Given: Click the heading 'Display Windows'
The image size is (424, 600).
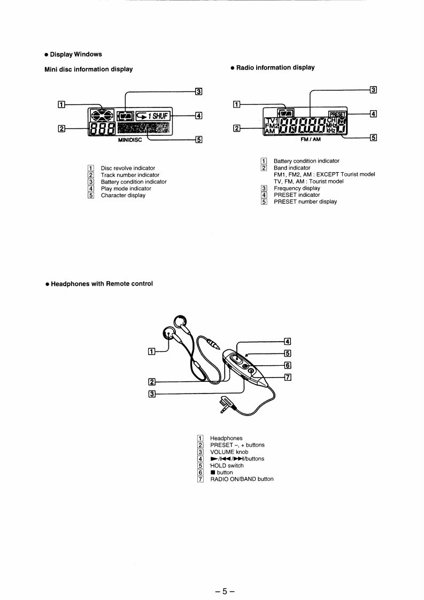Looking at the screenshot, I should tap(76, 54).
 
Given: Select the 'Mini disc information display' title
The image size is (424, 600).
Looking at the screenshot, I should tap(88, 69).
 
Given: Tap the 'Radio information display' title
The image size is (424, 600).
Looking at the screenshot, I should tap(275, 67).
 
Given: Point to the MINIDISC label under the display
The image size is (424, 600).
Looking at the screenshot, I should tap(130, 142).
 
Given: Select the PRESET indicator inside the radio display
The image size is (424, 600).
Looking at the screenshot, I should tap(337, 113).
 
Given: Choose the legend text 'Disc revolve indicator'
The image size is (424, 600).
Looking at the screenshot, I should tap(128, 168).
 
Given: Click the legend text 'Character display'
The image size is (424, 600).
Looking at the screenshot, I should tap(123, 195).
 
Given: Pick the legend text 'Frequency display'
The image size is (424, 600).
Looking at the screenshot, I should tap(297, 188).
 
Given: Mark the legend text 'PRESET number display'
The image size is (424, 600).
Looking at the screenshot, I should tap(305, 202).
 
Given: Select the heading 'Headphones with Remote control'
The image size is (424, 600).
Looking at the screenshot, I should tap(102, 283).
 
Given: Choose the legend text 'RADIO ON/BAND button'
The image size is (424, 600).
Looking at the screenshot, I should tap(242, 479).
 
